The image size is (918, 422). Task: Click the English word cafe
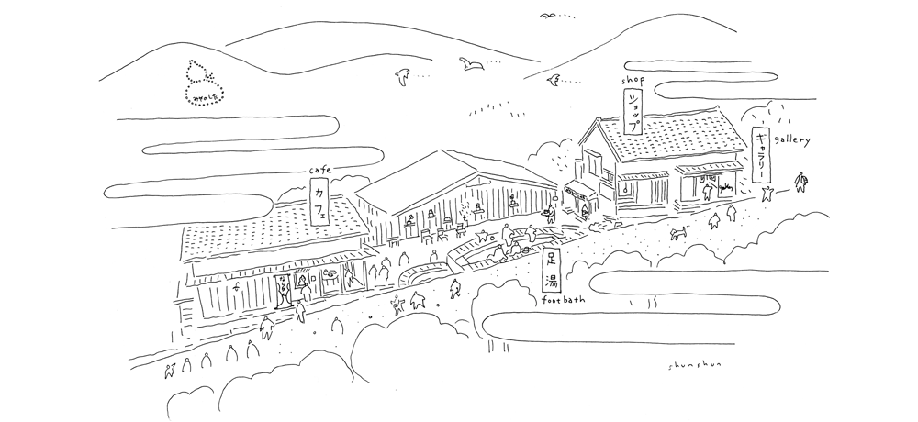319,171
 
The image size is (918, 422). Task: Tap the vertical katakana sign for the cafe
319,203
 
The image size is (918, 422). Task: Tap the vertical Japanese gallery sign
762,155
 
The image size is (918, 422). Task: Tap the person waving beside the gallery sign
768,192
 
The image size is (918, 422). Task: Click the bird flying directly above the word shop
554,84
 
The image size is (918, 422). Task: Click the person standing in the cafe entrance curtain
285,293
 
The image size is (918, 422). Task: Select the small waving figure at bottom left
168,369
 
